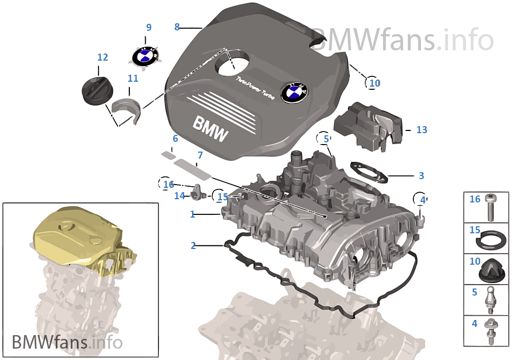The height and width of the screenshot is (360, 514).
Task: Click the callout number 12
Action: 102,57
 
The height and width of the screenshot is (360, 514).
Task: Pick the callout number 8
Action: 177,27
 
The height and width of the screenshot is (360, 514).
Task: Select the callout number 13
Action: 421,130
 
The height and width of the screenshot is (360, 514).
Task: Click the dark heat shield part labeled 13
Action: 368,125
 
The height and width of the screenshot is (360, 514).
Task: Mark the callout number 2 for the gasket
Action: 193,245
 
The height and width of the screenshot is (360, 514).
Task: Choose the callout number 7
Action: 200,155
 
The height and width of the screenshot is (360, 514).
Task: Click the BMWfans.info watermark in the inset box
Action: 67,342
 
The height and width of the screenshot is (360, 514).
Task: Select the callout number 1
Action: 192,214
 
